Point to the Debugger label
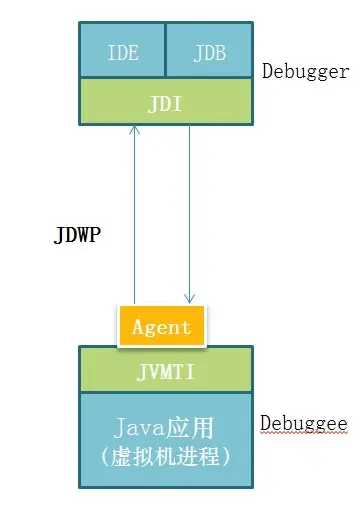tap(305, 72)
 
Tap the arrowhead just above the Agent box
tap(188, 296)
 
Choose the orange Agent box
tap(161, 327)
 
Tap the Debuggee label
tap(304, 423)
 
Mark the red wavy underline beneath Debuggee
tap(304, 434)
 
